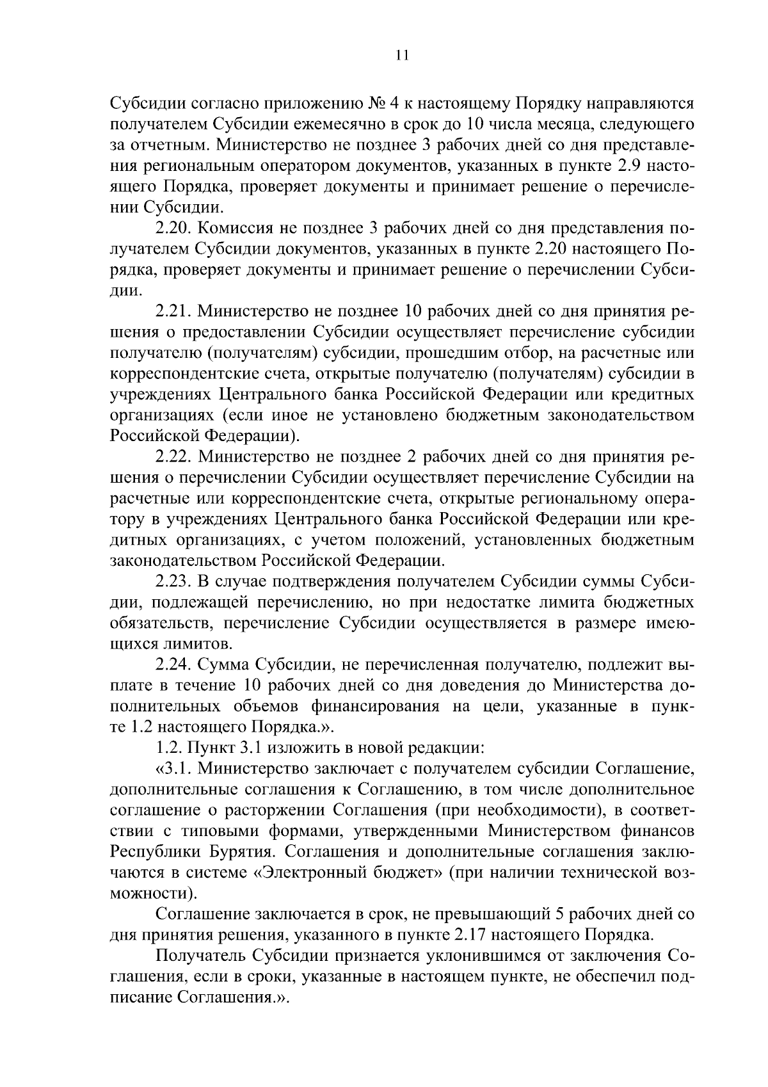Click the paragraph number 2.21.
[x=173, y=312]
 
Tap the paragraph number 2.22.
[x=173, y=457]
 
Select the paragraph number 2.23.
[x=173, y=581]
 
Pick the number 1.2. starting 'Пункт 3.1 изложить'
[x=169, y=748]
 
